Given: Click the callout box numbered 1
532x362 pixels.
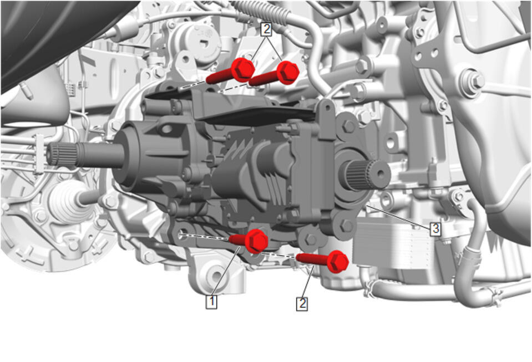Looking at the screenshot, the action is pos(211,302).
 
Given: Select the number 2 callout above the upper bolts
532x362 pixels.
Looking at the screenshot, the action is pos(266,29).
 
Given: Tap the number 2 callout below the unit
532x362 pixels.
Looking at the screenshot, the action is pos(302,304).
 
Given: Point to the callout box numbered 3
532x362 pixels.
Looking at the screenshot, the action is pos(435,229).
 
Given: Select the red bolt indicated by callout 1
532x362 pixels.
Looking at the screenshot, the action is pos(250,241).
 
